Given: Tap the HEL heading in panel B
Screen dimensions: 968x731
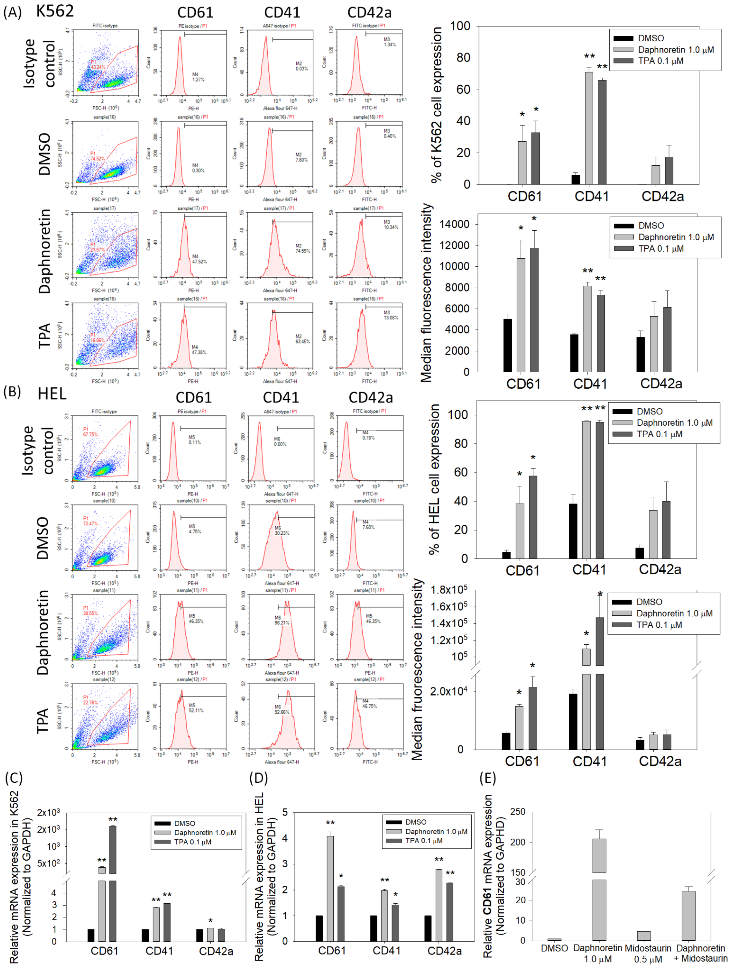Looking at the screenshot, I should tap(52, 394).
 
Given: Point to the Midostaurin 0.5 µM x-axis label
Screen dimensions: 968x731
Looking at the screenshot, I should tap(648, 953).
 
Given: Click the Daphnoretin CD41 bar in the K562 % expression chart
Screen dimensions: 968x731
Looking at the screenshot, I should tap(589, 128).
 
